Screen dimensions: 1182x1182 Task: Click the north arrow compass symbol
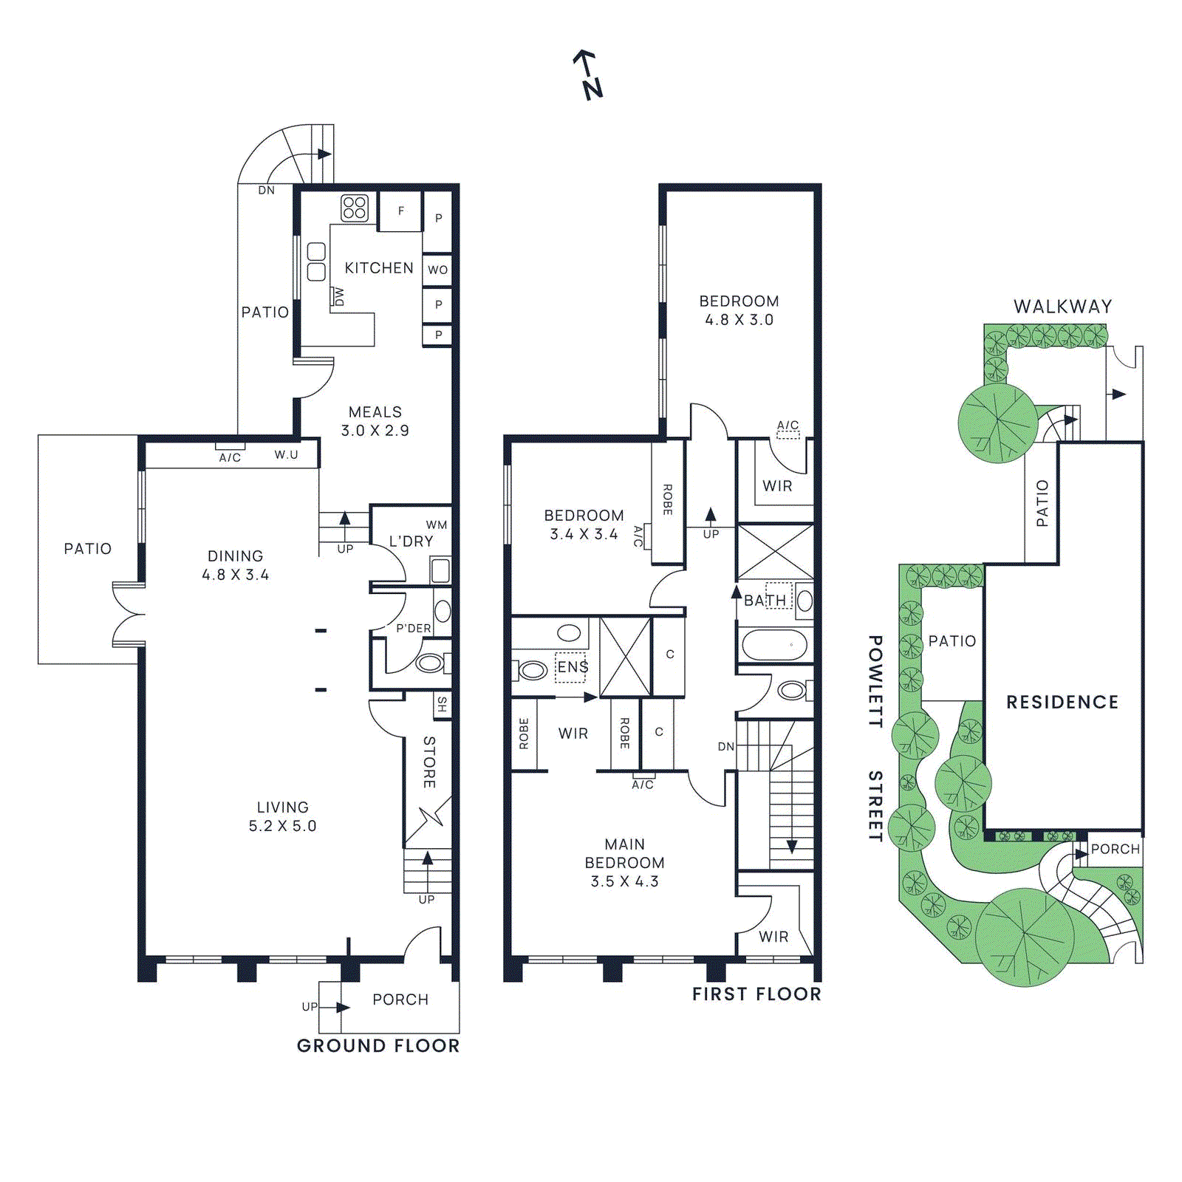[589, 75]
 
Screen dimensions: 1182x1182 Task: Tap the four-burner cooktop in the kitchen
[355, 208]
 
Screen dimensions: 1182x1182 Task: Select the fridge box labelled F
[400, 211]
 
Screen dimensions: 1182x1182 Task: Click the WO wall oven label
[437, 270]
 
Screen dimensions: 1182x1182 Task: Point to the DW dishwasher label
[338, 297]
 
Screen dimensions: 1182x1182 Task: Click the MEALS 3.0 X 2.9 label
[375, 421]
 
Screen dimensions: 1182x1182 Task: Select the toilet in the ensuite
[531, 671]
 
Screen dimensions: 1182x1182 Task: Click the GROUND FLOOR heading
[378, 1045]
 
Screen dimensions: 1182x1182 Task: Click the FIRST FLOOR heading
[756, 994]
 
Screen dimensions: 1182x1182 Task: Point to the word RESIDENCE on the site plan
[1062, 702]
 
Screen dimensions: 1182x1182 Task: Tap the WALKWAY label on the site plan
[1062, 306]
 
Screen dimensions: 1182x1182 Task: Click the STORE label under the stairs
[429, 762]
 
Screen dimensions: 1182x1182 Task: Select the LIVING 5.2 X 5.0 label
[282, 816]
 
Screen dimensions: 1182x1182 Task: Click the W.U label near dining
[286, 455]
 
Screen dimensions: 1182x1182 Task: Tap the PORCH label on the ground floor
[400, 1000]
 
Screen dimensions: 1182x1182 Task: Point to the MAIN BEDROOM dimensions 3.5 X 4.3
[624, 881]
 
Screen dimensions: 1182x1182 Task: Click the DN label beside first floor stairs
[725, 747]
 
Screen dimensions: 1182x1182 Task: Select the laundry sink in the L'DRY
[440, 571]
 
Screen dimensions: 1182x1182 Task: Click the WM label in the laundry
[436, 525]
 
